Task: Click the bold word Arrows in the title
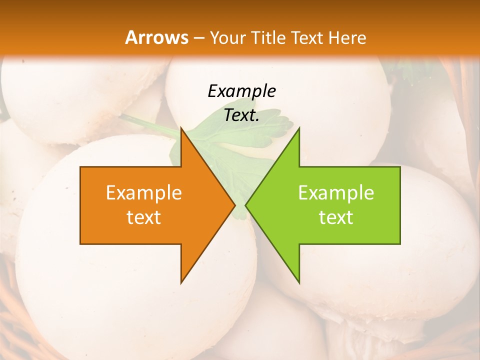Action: pyautogui.click(x=156, y=37)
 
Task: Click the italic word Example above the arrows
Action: pyautogui.click(x=241, y=91)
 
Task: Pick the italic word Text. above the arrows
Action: pyautogui.click(x=241, y=115)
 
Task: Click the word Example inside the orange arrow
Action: pyautogui.click(x=144, y=192)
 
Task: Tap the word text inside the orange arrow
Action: pyautogui.click(x=144, y=217)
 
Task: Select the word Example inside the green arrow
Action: pyautogui.click(x=336, y=192)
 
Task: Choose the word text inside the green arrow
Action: pyautogui.click(x=336, y=217)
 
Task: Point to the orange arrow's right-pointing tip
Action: pyautogui.click(x=234, y=205)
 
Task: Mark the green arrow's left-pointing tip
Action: pyautogui.click(x=246, y=205)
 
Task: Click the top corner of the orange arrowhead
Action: pyautogui.click(x=181, y=128)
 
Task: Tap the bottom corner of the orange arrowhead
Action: pyautogui.click(x=181, y=282)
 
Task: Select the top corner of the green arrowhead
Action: pyautogui.click(x=299, y=128)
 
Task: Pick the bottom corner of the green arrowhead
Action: pyautogui.click(x=299, y=282)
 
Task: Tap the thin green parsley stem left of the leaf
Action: pyautogui.click(x=147, y=124)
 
